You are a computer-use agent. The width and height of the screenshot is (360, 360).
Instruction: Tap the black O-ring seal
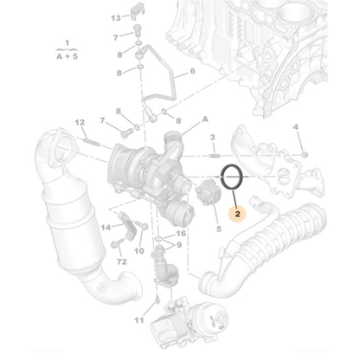(x=232, y=177)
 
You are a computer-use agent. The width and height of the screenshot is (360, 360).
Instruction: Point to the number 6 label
(x=192, y=72)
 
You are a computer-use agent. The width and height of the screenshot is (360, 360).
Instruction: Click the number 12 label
(x=79, y=122)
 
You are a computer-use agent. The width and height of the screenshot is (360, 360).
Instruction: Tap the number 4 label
(x=295, y=127)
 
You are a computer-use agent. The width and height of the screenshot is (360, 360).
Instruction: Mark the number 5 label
(x=218, y=229)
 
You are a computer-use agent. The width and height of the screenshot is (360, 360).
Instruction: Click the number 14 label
(x=106, y=227)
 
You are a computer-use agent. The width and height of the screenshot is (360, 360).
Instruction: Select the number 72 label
(x=121, y=260)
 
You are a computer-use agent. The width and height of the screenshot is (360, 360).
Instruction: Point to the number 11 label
(x=138, y=321)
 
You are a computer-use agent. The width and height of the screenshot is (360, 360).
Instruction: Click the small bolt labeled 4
(x=304, y=152)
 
